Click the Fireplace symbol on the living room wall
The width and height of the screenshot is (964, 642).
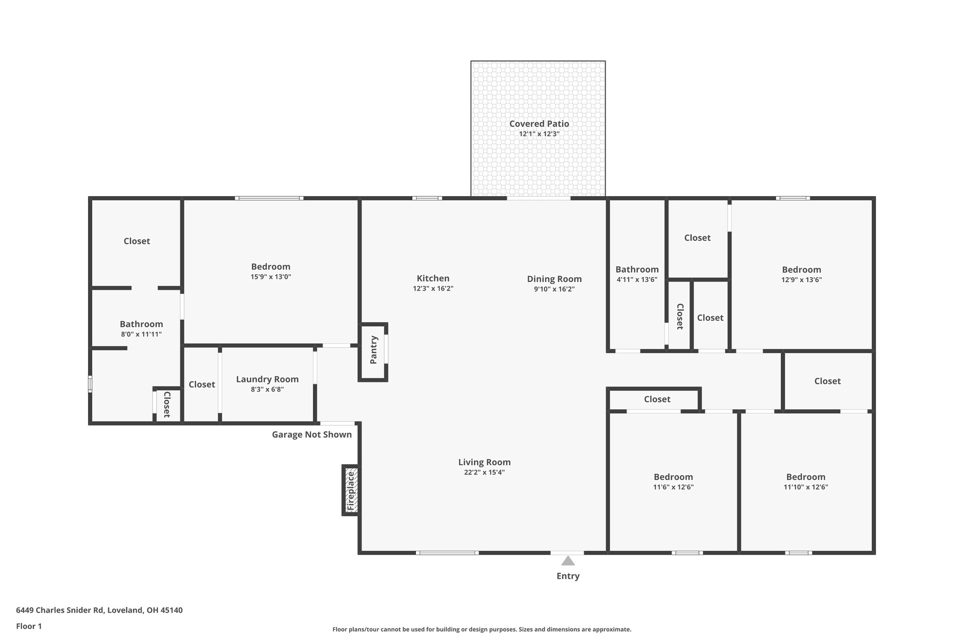point(351,490)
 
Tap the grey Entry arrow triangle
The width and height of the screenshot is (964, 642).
point(568,561)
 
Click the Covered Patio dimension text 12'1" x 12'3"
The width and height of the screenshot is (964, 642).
point(539,134)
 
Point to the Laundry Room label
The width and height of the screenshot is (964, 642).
point(267,379)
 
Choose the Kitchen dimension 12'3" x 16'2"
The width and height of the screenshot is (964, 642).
point(433,289)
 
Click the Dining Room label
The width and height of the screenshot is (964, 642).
point(554,279)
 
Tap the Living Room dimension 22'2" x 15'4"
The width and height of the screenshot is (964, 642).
point(484,473)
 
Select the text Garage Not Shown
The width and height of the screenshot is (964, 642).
point(312,435)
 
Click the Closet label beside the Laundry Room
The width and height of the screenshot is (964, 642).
point(202,384)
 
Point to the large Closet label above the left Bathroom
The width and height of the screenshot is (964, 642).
point(137,241)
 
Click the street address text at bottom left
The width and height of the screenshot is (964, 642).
point(99,610)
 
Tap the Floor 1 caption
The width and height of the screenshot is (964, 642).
point(29,626)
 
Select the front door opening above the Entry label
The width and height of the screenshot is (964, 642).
point(567,553)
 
